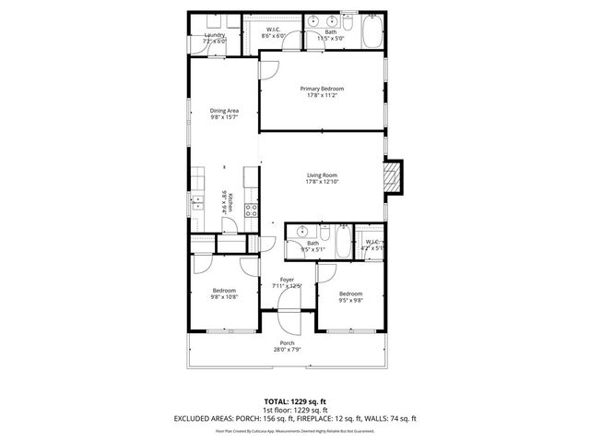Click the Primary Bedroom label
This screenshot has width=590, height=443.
322,92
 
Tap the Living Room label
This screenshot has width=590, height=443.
322,178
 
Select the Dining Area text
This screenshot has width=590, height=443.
224,114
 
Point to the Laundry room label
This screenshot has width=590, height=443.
214,39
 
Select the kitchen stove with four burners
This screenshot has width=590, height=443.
251,210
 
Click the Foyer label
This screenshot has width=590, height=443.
288,282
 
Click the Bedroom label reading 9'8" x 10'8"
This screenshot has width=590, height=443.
224,294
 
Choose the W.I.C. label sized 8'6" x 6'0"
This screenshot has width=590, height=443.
273,32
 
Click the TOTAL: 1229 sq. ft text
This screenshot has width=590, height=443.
295,401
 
